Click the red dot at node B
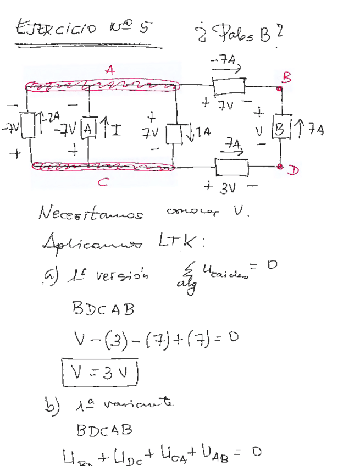coord(280,87)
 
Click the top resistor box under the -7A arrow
coord(229,86)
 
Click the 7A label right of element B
coord(315,130)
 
